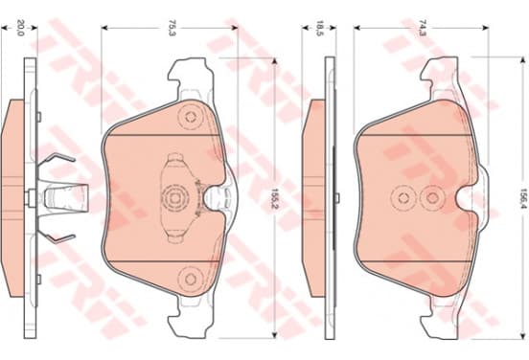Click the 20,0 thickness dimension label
tap(20, 28)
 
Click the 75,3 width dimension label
tap(172, 28)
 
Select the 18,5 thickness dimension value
tap(319, 28)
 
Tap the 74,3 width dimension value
tap(422, 28)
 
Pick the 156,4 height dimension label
tap(523, 198)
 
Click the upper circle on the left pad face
tap(191, 117)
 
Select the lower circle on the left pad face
tap(191, 280)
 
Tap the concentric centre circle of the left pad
tap(174, 198)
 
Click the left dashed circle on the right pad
tap(403, 198)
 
